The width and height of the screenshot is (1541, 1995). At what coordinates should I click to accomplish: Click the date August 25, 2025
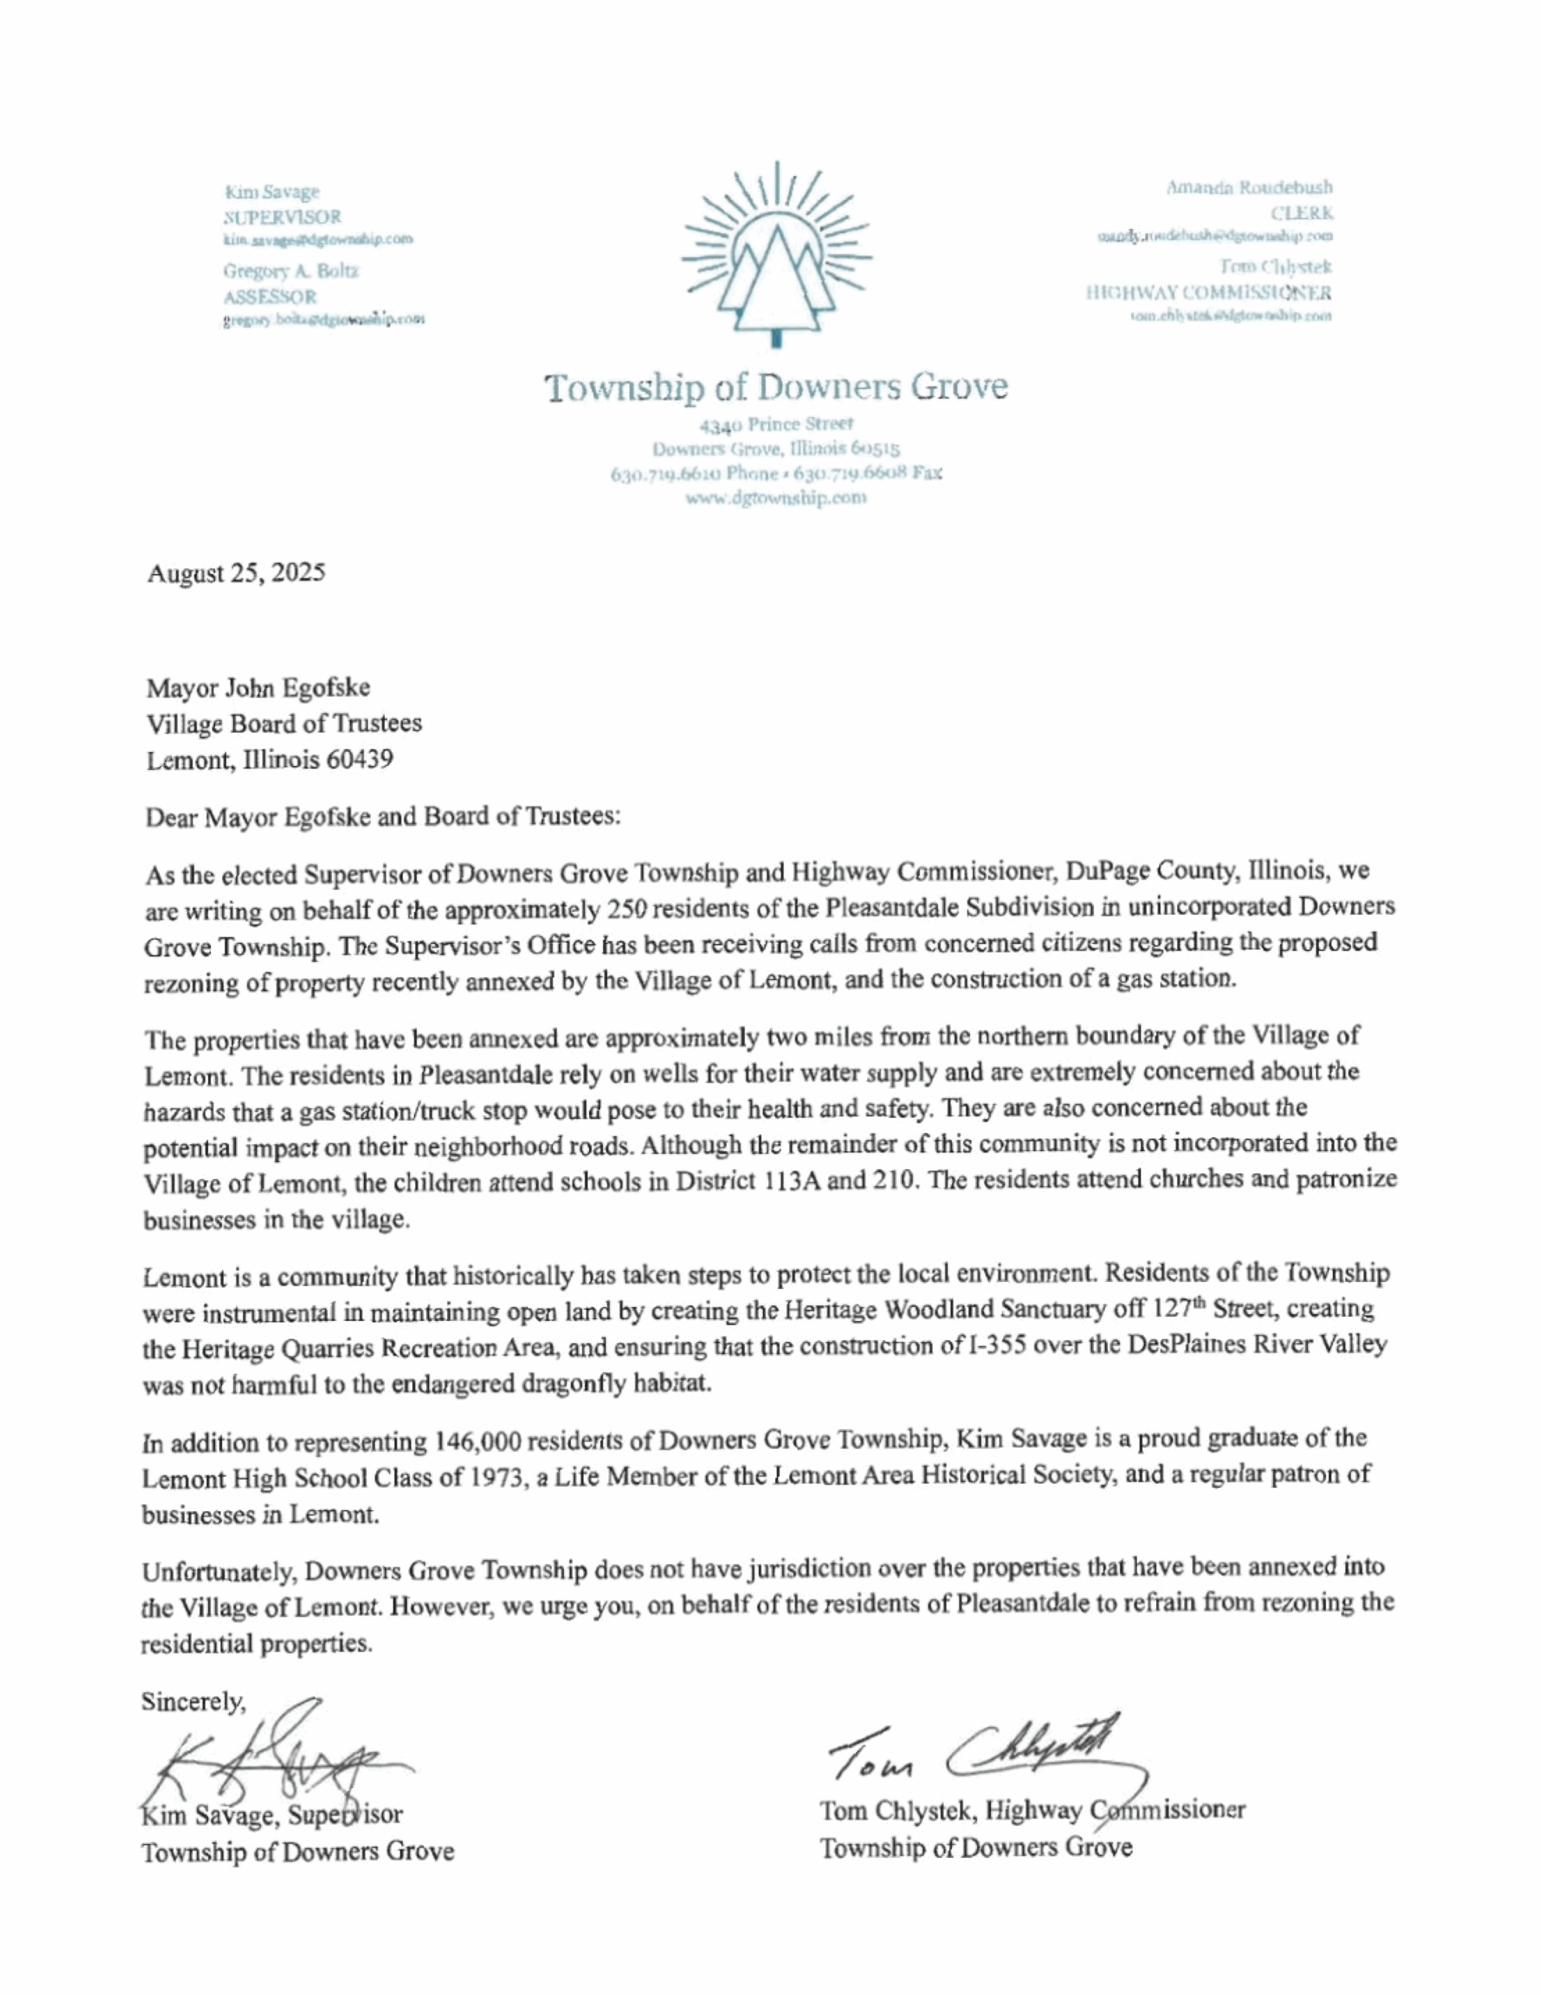(236, 574)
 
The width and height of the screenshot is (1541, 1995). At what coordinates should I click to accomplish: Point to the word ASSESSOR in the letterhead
(270, 297)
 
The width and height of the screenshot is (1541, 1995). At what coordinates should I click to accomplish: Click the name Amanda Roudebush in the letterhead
(1249, 187)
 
